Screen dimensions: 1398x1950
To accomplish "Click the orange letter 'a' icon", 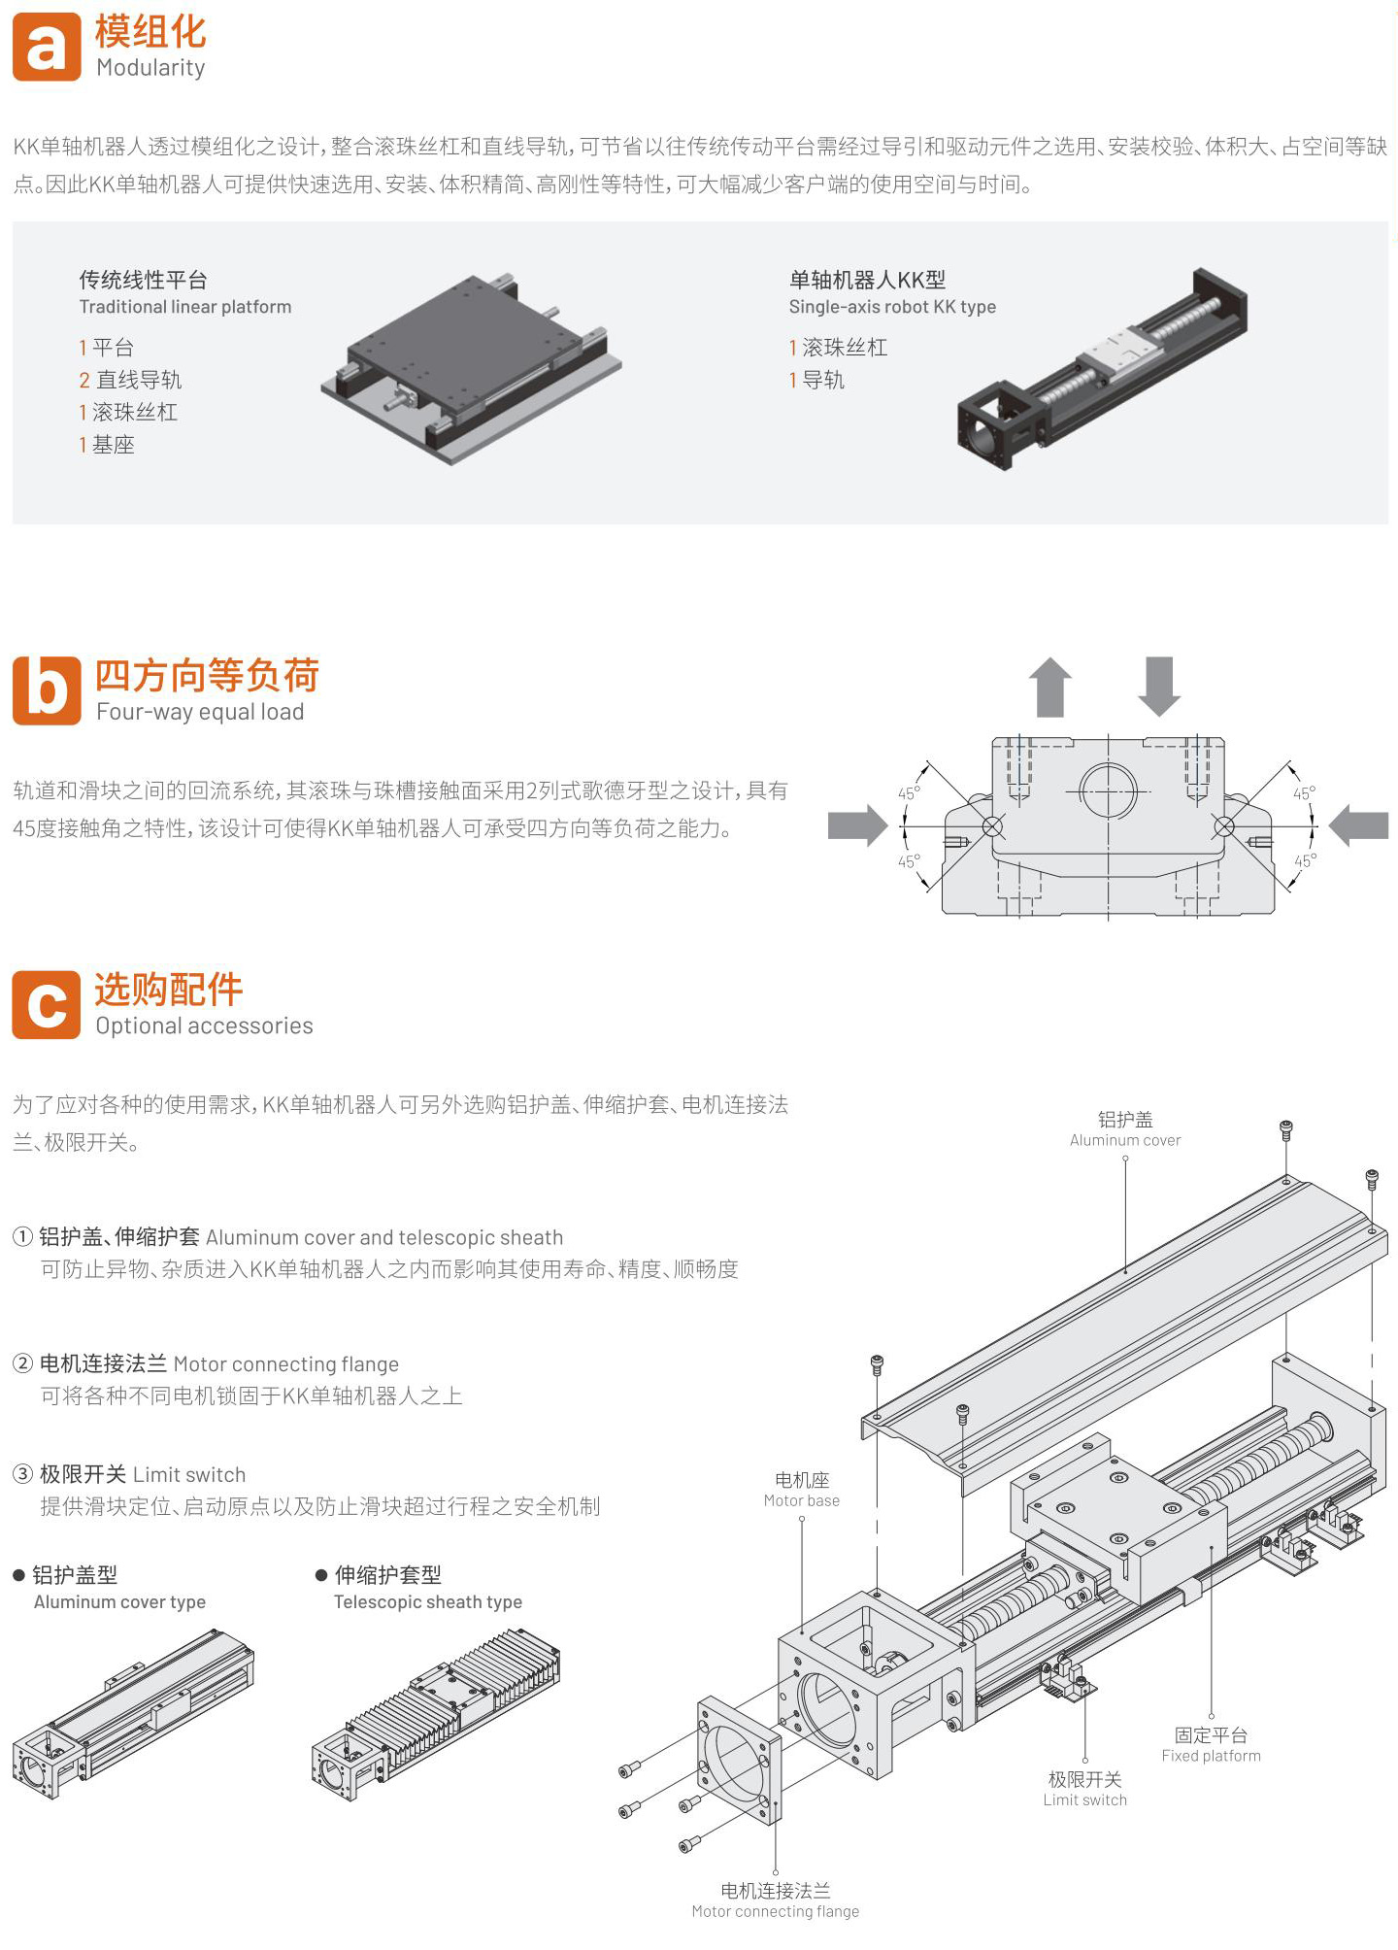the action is (x=47, y=47).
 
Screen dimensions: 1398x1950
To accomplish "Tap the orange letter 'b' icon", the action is (x=47, y=690).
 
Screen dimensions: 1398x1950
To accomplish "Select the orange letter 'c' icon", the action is (x=47, y=1004).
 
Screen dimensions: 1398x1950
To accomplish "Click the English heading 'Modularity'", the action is (x=150, y=68).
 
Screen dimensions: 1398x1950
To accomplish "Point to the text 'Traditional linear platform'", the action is (x=185, y=307).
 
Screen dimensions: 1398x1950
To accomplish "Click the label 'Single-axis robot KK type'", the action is (x=892, y=307).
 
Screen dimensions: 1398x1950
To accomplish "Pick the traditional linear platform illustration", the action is (x=472, y=370).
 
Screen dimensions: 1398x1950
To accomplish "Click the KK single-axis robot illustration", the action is (x=1102, y=369).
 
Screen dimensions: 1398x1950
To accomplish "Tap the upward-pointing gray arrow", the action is (x=1050, y=687).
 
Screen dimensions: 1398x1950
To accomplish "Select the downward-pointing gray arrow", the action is (x=1159, y=687).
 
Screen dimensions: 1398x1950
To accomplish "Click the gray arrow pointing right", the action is (x=858, y=826).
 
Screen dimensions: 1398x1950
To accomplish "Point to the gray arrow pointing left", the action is (x=1358, y=826).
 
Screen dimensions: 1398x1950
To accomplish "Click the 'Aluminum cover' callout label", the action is (x=1125, y=1129).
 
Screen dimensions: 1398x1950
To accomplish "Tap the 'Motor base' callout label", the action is (x=802, y=1490).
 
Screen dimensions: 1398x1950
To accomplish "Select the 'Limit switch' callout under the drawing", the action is (x=1085, y=1789).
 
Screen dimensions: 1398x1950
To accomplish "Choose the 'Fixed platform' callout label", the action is (x=1212, y=1745).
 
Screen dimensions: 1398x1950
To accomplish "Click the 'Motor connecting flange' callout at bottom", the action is (x=776, y=1900).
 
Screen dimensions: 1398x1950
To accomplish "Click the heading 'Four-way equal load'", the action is (x=200, y=712).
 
